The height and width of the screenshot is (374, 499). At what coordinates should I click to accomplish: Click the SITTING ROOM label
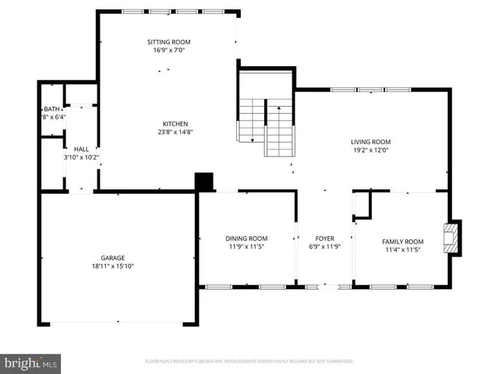pos(169,42)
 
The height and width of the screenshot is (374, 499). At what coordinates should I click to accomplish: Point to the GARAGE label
pos(112,258)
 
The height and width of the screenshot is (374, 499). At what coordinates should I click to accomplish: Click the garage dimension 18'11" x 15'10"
pos(112,266)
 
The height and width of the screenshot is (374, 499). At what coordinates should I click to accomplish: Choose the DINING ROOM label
pos(246,238)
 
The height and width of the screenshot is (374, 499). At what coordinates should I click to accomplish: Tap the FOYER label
pos(324,238)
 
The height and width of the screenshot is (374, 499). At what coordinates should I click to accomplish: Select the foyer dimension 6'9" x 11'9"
pos(324,246)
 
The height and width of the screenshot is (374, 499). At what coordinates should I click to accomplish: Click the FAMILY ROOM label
pos(402,242)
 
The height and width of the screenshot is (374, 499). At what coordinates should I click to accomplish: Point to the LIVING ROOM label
pos(370,142)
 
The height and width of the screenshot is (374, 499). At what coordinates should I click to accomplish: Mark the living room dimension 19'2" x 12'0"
pos(370,150)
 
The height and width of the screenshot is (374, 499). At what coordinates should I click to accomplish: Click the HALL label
pos(81,149)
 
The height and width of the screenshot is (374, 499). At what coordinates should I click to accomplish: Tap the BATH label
pos(51,109)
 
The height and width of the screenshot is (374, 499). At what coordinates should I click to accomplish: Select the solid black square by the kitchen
pos(204,181)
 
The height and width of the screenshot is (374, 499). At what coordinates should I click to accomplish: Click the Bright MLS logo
pos(31,362)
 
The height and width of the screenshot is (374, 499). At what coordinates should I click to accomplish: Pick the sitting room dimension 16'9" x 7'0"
pos(169,50)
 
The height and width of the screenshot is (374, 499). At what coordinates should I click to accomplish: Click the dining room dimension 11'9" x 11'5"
pos(246,246)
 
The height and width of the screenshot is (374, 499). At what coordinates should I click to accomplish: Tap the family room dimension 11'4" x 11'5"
pos(402,249)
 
